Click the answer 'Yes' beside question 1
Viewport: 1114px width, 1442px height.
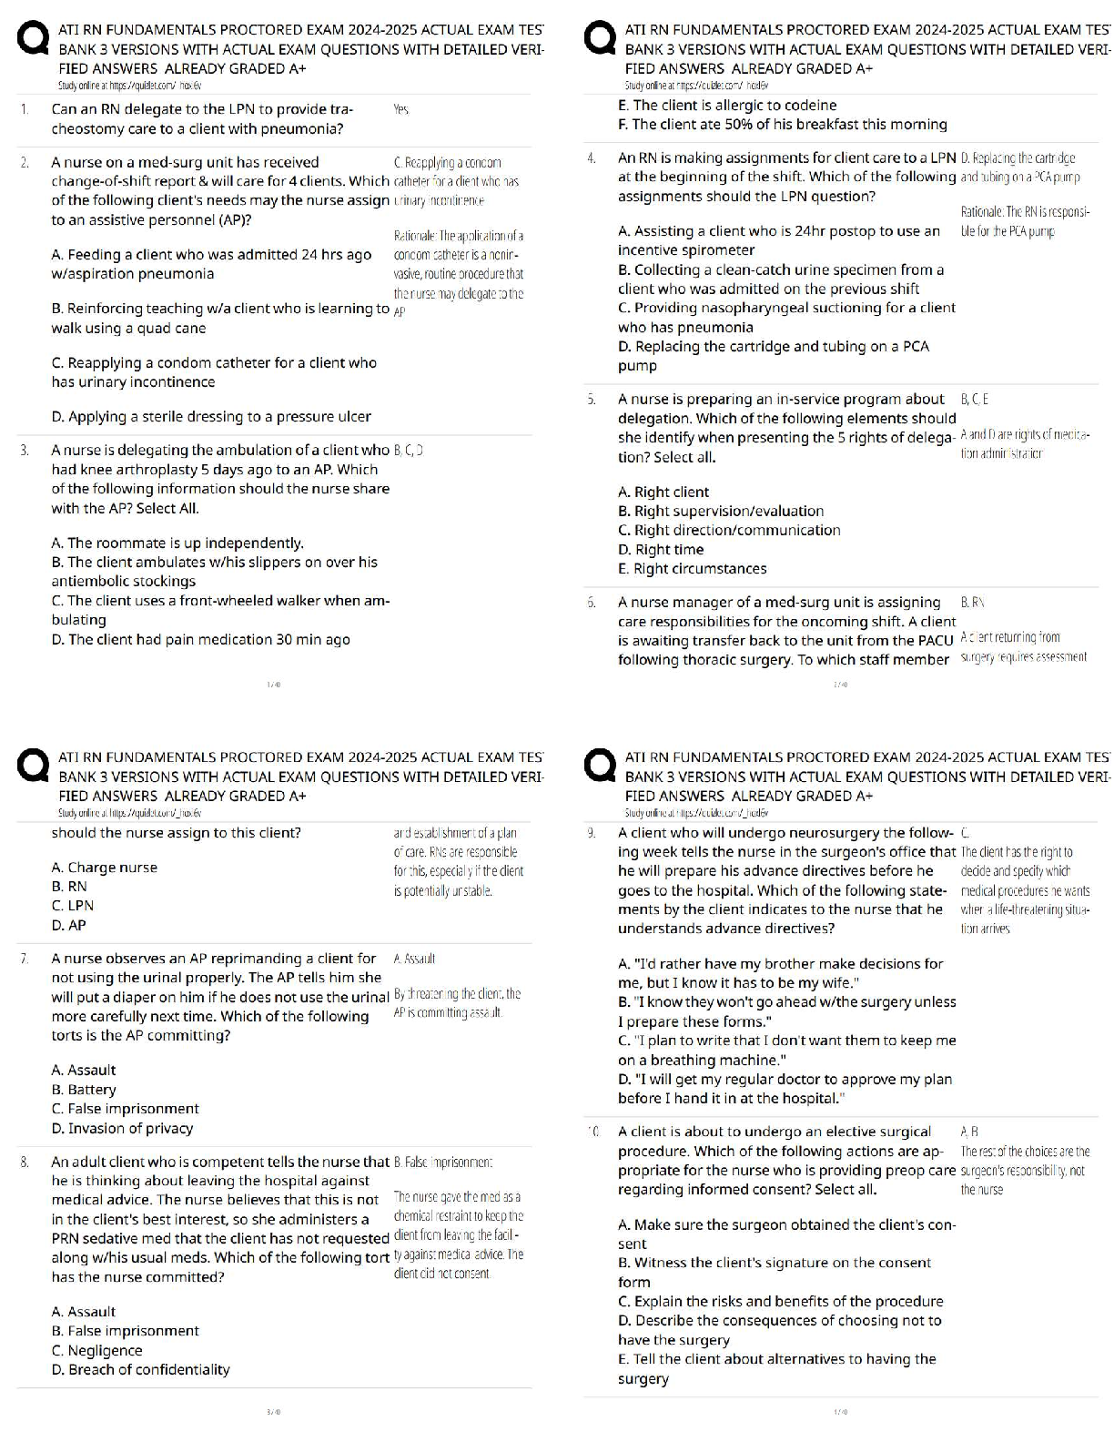(x=400, y=109)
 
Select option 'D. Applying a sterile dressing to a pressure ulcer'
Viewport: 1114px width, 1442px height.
(x=211, y=417)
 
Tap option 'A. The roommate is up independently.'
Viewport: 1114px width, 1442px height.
(x=177, y=543)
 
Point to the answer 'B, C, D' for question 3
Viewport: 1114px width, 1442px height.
(x=409, y=450)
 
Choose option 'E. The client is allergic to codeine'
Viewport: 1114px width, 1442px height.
(x=726, y=106)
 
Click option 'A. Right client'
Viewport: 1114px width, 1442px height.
(x=663, y=493)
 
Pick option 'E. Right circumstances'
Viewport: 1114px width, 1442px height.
(x=692, y=569)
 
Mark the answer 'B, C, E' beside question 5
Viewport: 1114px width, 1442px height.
(x=975, y=399)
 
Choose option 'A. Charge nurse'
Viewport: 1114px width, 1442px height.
(x=104, y=868)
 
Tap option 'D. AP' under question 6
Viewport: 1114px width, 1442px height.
(x=69, y=925)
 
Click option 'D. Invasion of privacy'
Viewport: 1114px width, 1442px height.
(x=122, y=1129)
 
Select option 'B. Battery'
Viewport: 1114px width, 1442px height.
(x=84, y=1090)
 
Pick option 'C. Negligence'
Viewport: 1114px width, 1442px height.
(x=96, y=1351)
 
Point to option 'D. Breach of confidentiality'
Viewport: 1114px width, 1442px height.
(x=140, y=1370)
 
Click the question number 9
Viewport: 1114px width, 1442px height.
(x=592, y=833)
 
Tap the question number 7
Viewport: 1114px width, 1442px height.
(x=25, y=959)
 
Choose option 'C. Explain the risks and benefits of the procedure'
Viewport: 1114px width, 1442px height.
(x=780, y=1302)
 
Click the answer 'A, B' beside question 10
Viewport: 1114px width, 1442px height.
(x=969, y=1132)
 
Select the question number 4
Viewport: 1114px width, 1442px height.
(x=592, y=158)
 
